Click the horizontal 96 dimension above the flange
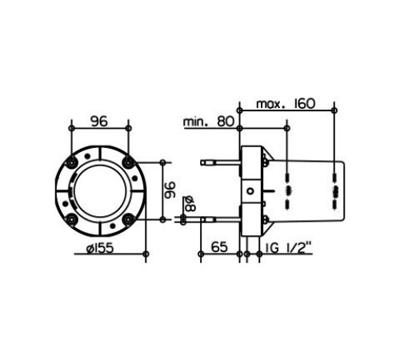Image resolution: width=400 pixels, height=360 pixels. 99,121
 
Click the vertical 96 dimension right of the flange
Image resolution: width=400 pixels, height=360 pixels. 170,190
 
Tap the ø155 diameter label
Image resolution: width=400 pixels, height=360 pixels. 100,249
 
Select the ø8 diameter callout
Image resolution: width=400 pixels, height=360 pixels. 190,204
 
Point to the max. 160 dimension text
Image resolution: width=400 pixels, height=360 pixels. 286,104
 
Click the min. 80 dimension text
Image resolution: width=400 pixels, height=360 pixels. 209,122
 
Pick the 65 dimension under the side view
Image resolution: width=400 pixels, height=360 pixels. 219,247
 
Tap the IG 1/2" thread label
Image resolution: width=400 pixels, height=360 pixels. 289,247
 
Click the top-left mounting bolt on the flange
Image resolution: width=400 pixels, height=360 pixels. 71,162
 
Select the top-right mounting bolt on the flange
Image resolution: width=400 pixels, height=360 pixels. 128,162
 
